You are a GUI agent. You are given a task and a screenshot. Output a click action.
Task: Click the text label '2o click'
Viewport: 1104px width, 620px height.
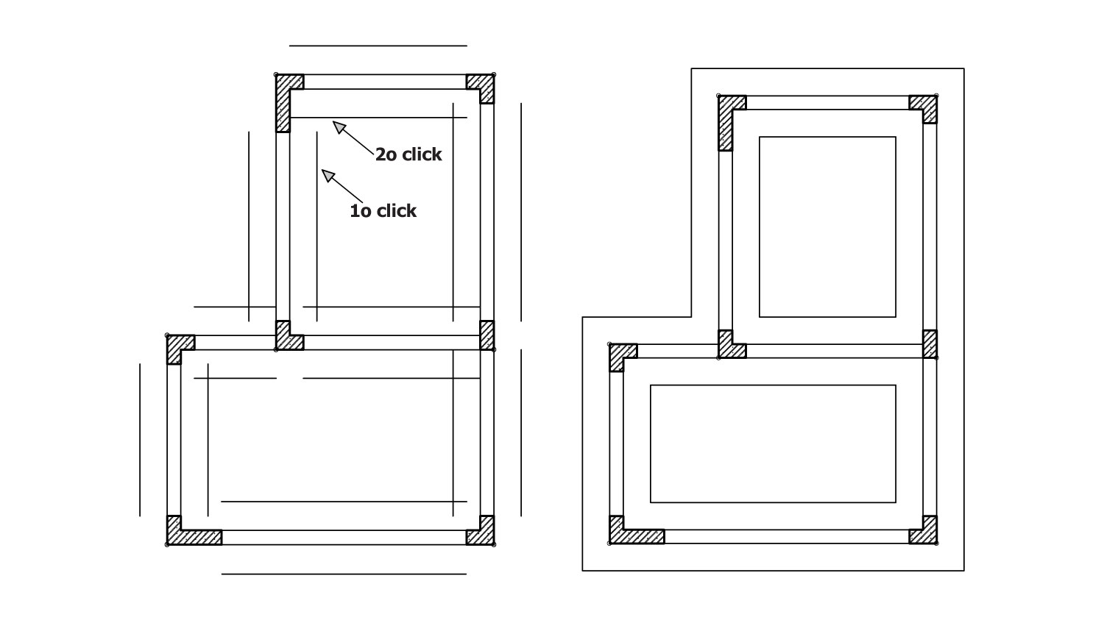click(x=408, y=154)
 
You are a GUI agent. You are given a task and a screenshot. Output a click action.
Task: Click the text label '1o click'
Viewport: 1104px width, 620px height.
click(x=383, y=211)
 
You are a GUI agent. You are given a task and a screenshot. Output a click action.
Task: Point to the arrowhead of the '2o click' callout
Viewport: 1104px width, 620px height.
click(x=339, y=127)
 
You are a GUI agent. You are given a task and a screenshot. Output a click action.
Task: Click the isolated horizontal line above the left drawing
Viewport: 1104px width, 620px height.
click(x=378, y=46)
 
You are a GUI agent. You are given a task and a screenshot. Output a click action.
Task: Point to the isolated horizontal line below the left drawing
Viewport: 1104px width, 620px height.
click(x=344, y=574)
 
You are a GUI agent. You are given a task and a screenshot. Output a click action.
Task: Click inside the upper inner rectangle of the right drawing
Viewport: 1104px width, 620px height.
click(x=827, y=227)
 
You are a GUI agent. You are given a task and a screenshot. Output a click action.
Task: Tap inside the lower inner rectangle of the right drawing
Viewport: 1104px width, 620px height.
click(x=773, y=443)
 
